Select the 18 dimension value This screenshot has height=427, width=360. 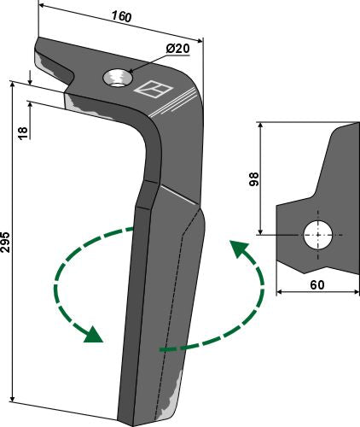click(x=22, y=132)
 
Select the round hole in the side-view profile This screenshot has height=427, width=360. click(x=319, y=235)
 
